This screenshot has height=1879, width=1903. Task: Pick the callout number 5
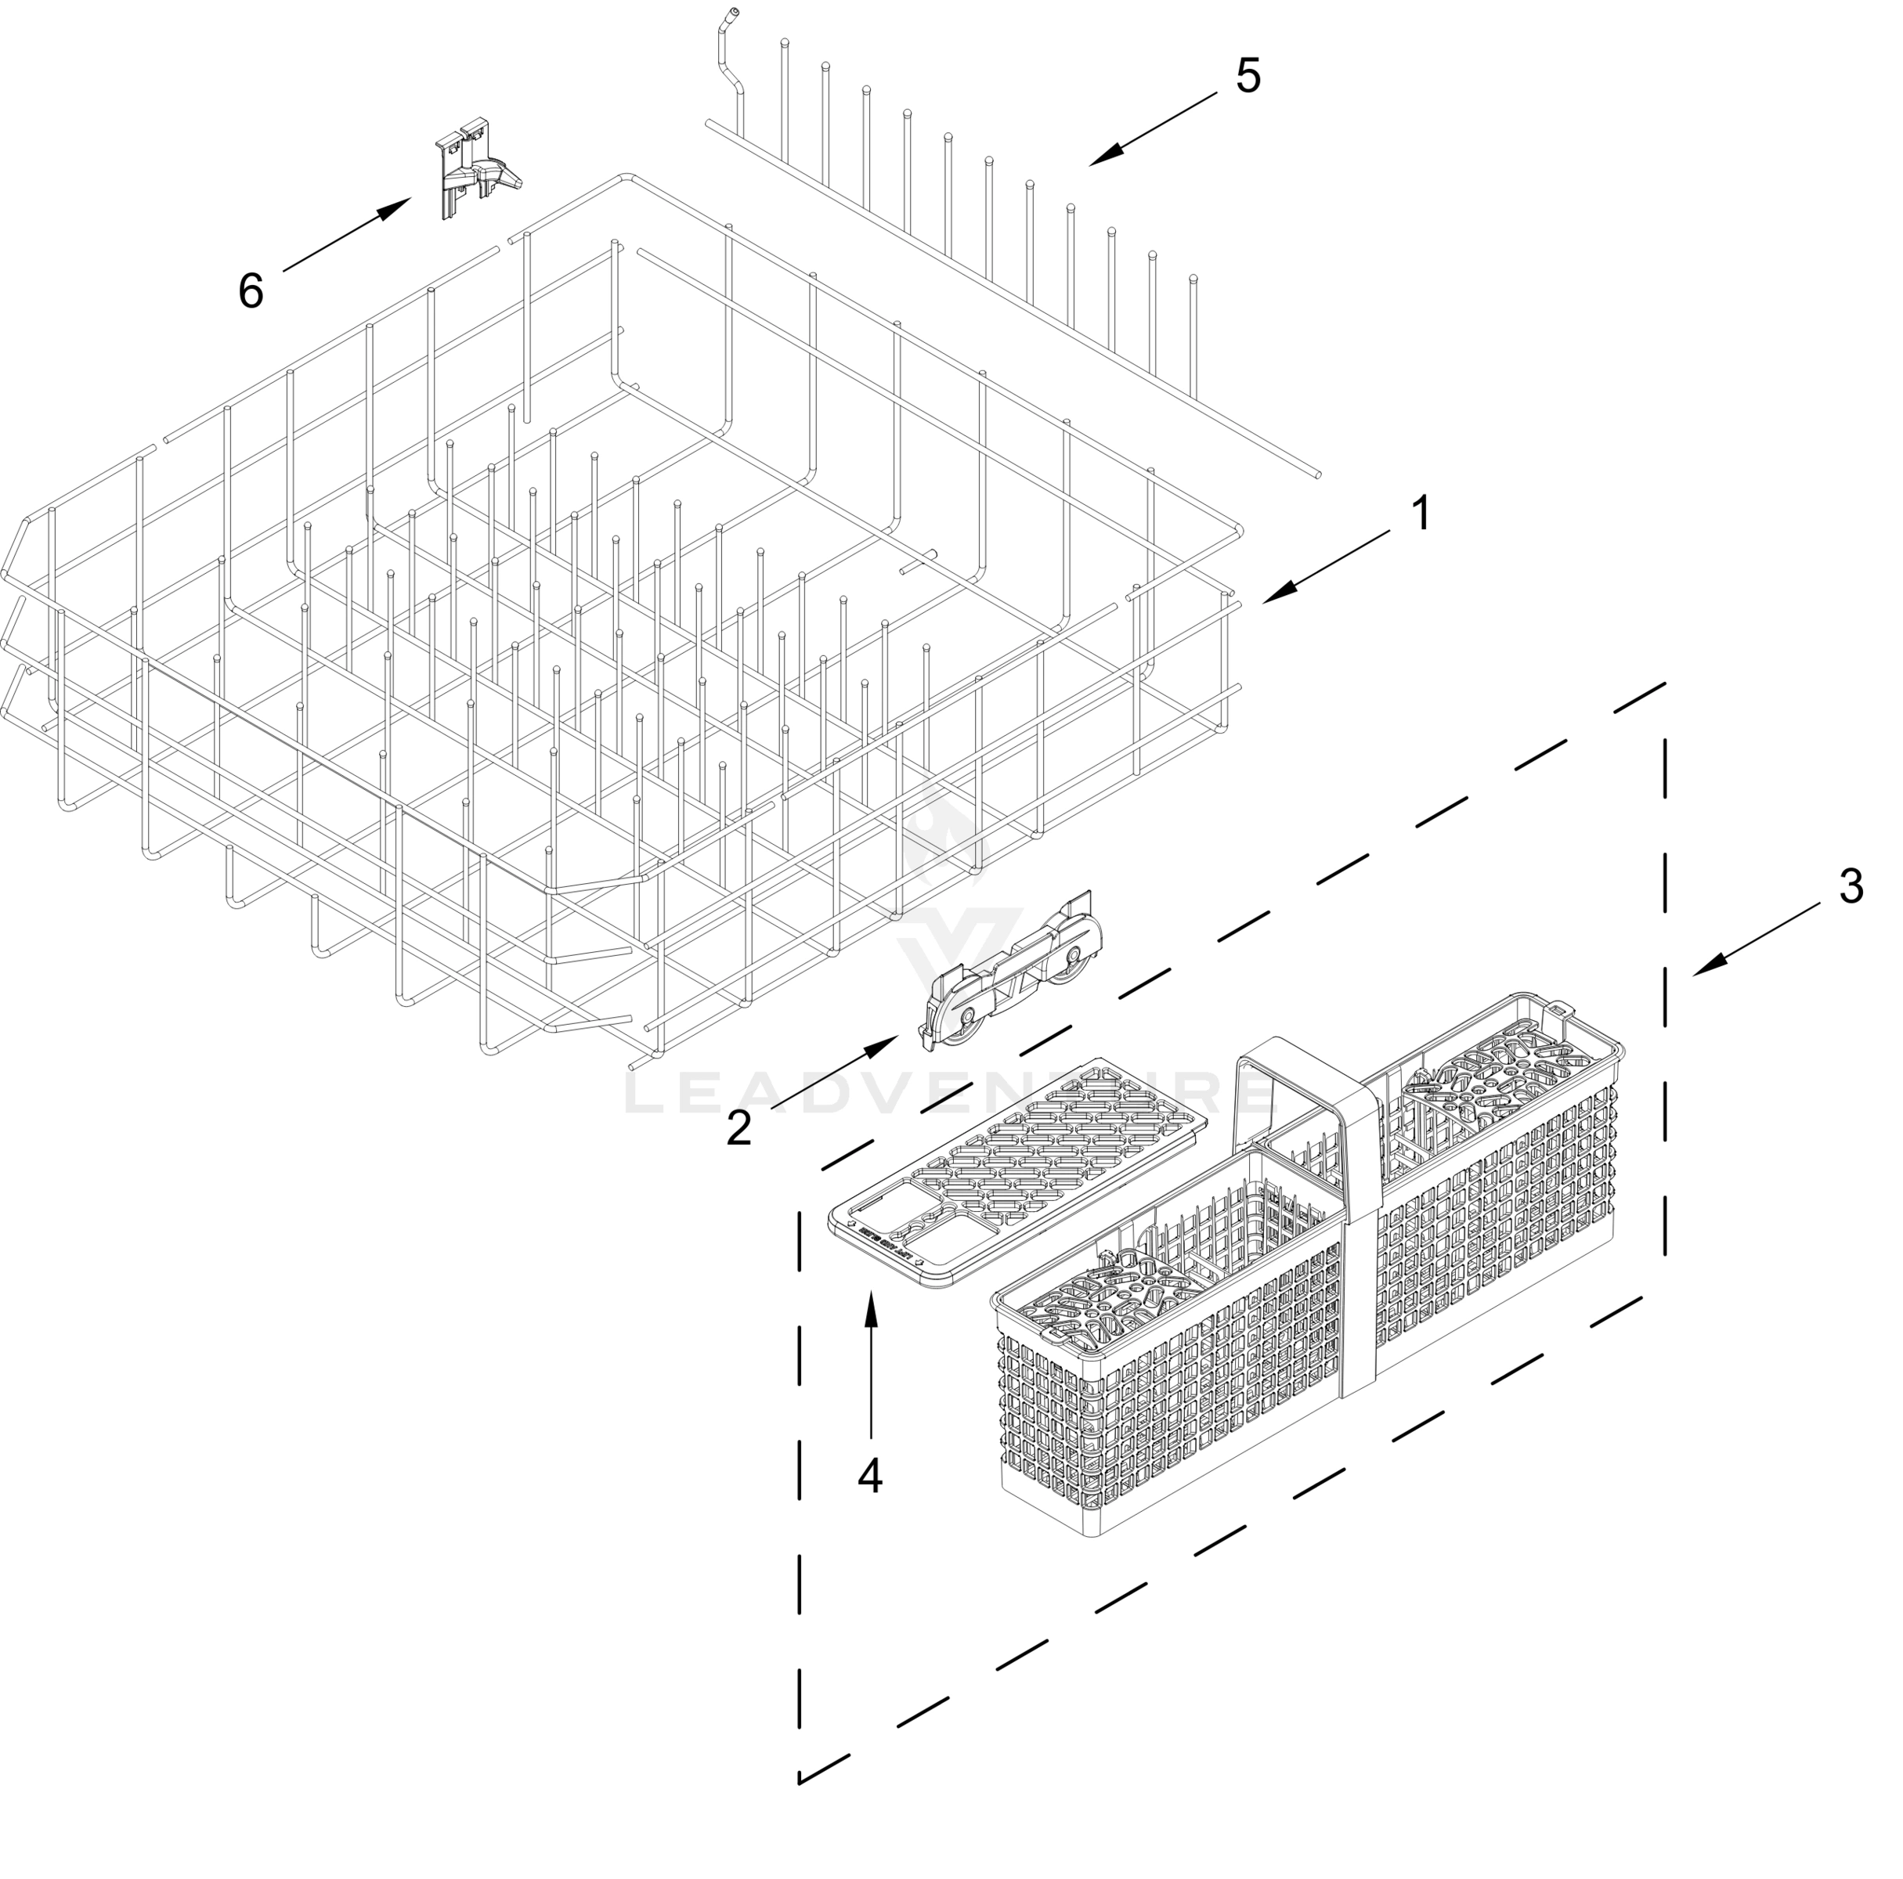point(1248,77)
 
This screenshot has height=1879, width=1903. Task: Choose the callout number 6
point(251,290)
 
